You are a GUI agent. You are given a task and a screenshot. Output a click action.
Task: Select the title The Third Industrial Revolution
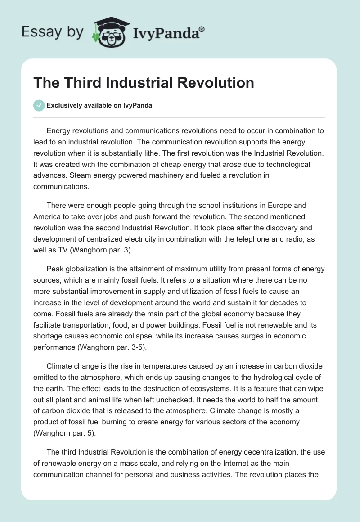(144, 83)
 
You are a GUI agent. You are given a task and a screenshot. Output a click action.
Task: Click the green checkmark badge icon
(39, 105)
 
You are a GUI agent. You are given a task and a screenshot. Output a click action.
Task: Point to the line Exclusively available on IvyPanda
(99, 105)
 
